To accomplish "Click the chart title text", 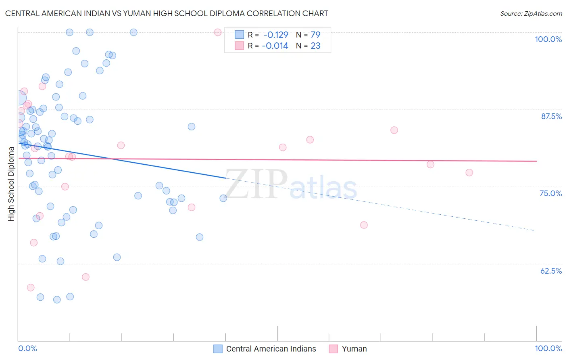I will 167,13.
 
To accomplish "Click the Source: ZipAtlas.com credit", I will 531,13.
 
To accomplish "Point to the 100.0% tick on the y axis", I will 548,39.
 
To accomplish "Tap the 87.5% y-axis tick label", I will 551,116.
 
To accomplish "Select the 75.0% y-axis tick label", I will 550,193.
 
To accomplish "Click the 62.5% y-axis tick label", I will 551,271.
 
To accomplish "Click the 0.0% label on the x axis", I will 27,348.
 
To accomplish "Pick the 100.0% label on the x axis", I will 548,348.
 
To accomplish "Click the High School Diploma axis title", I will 11,184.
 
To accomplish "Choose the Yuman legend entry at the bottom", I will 354,349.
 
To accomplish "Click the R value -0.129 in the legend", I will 275,35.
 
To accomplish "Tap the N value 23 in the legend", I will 315,46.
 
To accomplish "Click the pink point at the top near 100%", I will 218,32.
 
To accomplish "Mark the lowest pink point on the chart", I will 31,287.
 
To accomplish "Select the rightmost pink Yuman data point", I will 469,172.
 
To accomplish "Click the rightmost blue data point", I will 223,198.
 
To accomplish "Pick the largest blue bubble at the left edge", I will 19,98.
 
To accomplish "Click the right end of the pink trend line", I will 536,161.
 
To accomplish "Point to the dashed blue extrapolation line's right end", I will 535,230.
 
